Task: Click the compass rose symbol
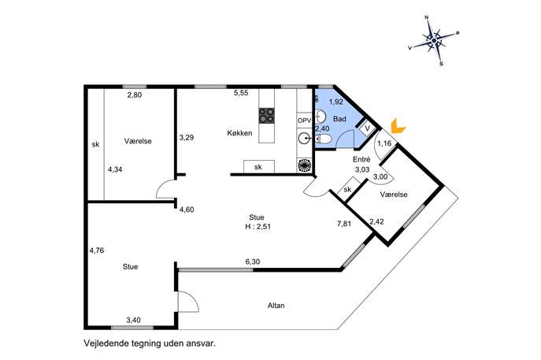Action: pyautogui.click(x=434, y=41)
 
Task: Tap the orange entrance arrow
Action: pyautogui.click(x=398, y=126)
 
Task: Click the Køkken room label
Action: pyautogui.click(x=239, y=133)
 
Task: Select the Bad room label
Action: pyautogui.click(x=339, y=119)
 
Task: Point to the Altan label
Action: pyautogui.click(x=276, y=306)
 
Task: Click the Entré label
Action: pyautogui.click(x=361, y=159)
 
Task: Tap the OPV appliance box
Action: pyautogui.click(x=304, y=121)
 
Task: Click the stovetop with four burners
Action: pyautogui.click(x=267, y=116)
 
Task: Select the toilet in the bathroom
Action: pyautogui.click(x=323, y=139)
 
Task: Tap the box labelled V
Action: pyautogui.click(x=367, y=128)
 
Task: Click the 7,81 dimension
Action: pyautogui.click(x=344, y=224)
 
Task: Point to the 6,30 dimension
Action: pyautogui.click(x=253, y=262)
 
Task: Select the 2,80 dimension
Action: pyautogui.click(x=135, y=95)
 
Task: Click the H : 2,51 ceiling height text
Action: pyautogui.click(x=258, y=227)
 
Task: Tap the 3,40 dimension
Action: pyautogui.click(x=133, y=320)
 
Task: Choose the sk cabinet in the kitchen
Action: pyautogui.click(x=259, y=167)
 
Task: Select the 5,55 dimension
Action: pyautogui.click(x=241, y=92)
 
